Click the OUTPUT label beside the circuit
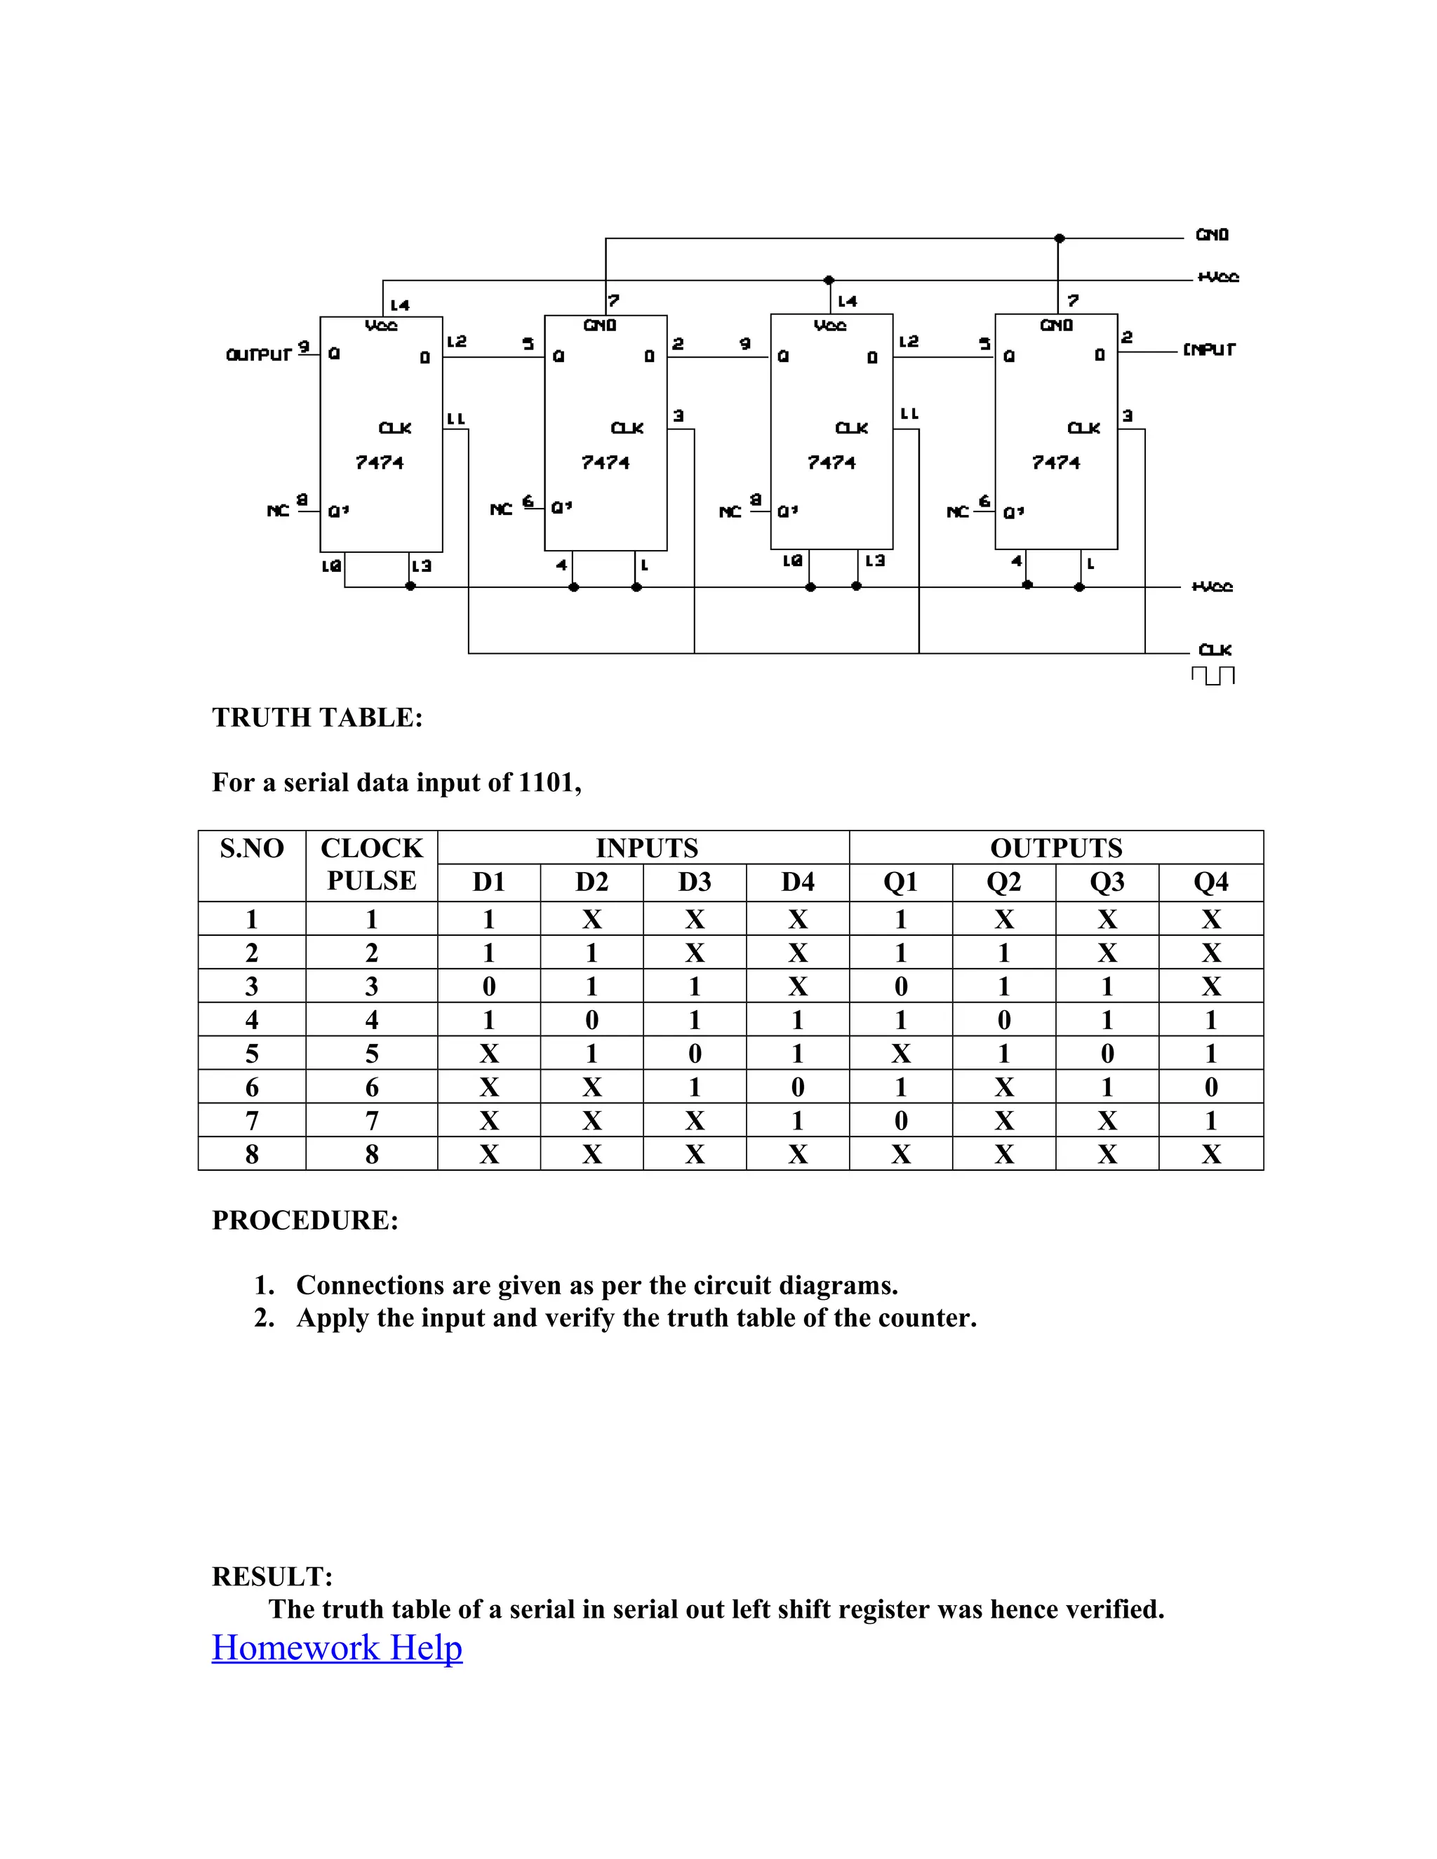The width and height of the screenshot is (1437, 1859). point(259,354)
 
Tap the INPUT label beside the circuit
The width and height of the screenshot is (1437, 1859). point(1208,349)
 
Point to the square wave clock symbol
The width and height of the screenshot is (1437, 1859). point(1212,675)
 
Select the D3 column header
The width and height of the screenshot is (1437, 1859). point(694,882)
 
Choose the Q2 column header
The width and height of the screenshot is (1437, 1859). point(1003,882)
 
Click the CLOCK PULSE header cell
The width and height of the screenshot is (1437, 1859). point(371,864)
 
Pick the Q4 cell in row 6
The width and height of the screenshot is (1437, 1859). point(1210,1087)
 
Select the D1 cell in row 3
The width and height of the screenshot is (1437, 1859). point(488,986)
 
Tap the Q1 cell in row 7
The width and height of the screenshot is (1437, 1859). point(901,1121)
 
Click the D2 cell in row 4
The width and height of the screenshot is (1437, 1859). point(591,1020)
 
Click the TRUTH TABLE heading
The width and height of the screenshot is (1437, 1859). point(316,718)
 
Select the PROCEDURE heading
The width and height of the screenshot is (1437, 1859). point(305,1220)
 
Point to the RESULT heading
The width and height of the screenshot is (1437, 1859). point(272,1576)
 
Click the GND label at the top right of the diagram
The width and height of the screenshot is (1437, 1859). point(1211,235)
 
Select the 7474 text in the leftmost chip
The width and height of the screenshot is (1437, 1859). point(380,462)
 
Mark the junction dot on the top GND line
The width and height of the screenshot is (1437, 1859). point(1059,239)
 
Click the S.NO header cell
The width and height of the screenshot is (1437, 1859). point(251,849)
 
